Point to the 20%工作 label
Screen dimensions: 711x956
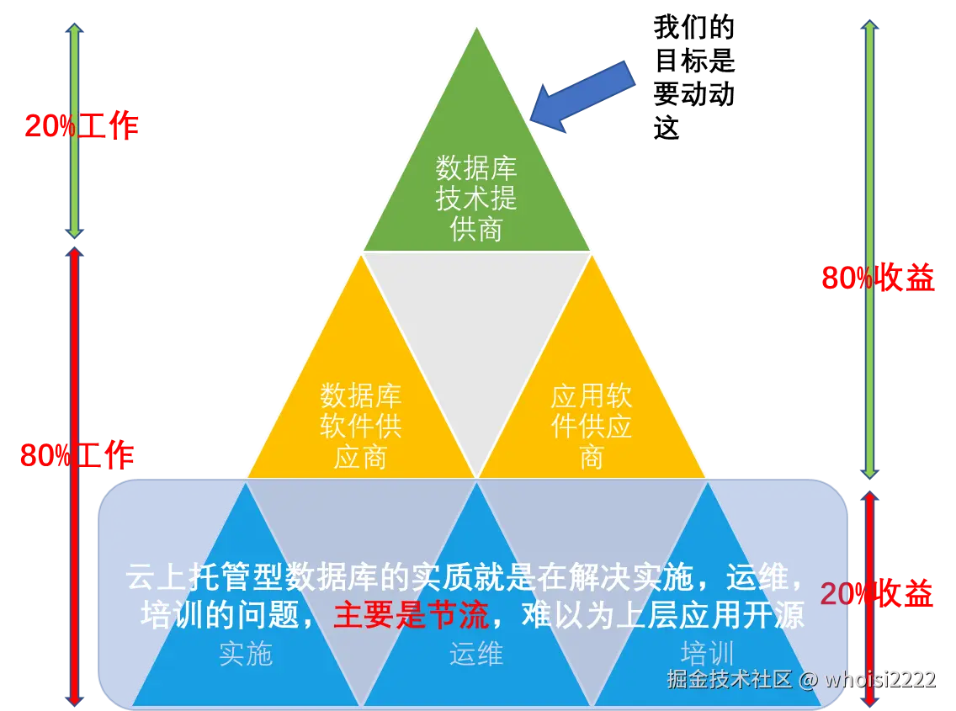click(x=81, y=126)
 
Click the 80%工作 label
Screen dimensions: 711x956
click(x=77, y=456)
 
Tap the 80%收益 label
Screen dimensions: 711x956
click(x=878, y=278)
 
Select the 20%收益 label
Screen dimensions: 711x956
click(x=876, y=595)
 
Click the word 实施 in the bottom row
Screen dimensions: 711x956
click(x=246, y=654)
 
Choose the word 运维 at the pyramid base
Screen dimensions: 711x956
click(x=476, y=654)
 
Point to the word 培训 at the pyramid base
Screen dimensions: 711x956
click(x=707, y=654)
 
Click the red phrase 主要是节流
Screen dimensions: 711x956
click(x=411, y=616)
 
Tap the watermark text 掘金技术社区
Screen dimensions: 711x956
click(x=729, y=679)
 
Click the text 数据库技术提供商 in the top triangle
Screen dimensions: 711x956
click(x=476, y=198)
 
